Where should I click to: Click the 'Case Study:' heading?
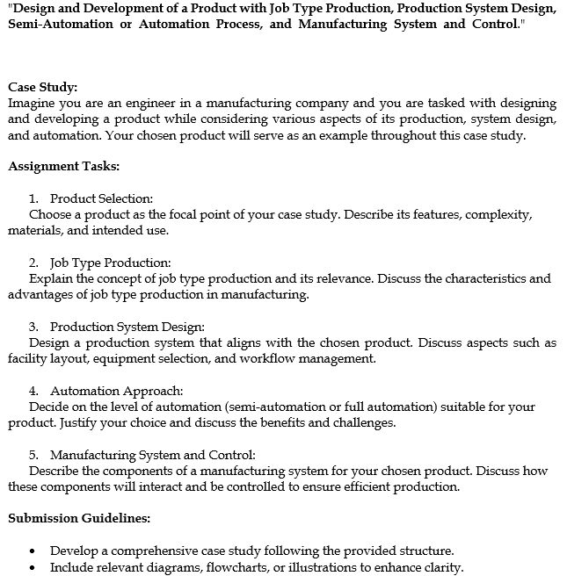coord(42,87)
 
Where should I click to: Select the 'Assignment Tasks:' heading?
coord(63,166)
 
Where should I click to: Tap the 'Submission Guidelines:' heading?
coord(79,518)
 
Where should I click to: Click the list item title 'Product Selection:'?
coord(101,199)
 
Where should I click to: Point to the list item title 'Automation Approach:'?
coord(116,391)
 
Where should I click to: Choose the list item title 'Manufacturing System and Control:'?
coord(152,455)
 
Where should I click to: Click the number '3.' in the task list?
coord(34,328)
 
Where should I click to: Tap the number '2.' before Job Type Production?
coord(34,263)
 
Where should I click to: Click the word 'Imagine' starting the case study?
coord(31,103)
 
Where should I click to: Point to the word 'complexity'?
coord(502,215)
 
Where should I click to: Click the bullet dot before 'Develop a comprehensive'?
coord(33,551)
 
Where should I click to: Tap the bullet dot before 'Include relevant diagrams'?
coord(33,568)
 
